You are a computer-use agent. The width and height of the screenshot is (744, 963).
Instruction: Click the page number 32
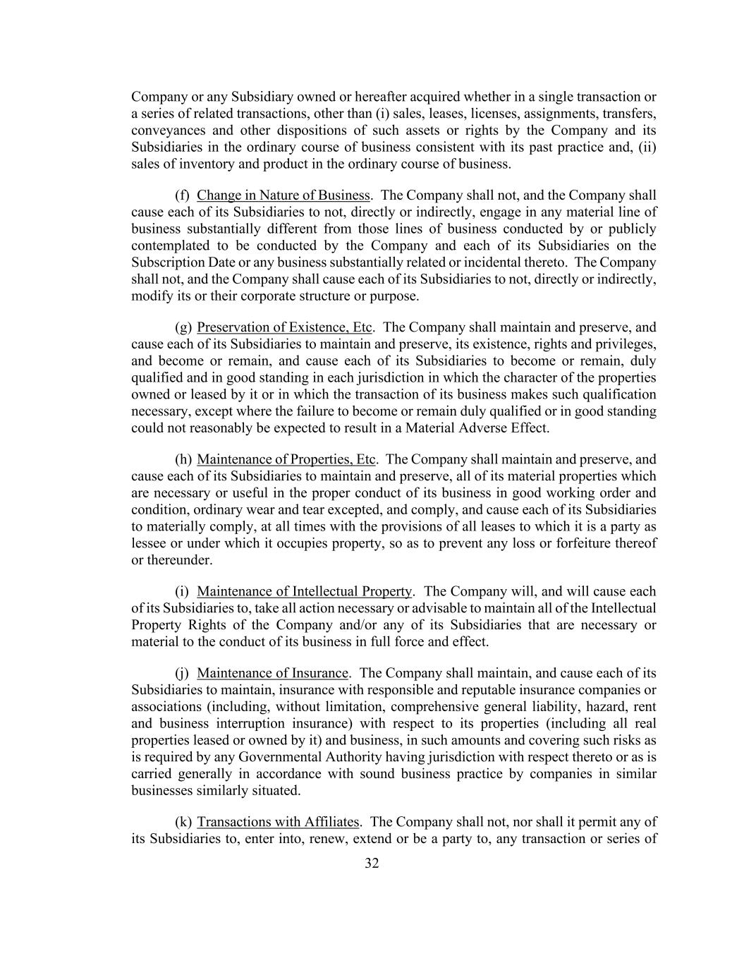(x=372, y=864)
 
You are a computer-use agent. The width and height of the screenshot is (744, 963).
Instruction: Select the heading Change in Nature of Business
(x=283, y=195)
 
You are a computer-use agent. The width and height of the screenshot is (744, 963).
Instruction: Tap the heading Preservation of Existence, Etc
(x=284, y=327)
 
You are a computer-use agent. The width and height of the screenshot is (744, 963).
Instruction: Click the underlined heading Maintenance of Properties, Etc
(x=286, y=460)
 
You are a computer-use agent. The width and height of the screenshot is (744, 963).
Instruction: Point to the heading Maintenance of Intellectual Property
(x=304, y=591)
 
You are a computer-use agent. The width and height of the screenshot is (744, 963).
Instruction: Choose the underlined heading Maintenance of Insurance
(x=272, y=673)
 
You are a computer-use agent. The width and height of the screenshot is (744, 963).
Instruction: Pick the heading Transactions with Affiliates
(x=279, y=822)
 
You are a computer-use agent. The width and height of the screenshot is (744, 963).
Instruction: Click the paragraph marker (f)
(x=182, y=195)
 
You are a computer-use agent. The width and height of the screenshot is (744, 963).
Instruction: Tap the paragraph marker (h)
(x=183, y=460)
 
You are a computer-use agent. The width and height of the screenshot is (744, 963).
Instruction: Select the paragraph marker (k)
(x=183, y=822)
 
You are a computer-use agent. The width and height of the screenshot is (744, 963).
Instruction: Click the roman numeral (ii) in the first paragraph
(x=648, y=147)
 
